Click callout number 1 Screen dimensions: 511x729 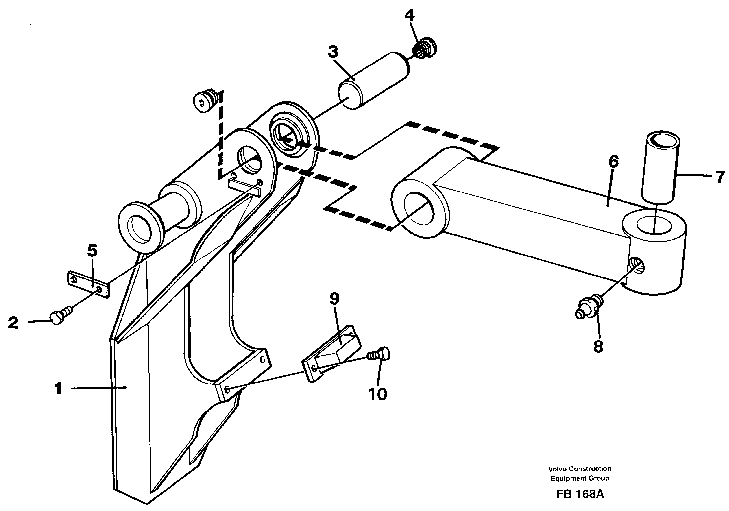pyautogui.click(x=58, y=388)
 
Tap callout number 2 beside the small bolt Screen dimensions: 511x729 pyautogui.click(x=13, y=323)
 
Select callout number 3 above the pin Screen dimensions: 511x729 pyautogui.click(x=333, y=52)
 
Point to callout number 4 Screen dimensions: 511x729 pyautogui.click(x=409, y=16)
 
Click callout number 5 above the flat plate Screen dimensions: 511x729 pyautogui.click(x=92, y=251)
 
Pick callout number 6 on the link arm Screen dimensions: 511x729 pyautogui.click(x=613, y=162)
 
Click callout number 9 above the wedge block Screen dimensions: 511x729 pyautogui.click(x=334, y=298)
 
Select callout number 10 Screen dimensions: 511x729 pyautogui.click(x=378, y=394)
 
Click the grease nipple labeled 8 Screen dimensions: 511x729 pyautogui.click(x=588, y=307)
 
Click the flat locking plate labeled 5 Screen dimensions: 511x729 pyautogui.click(x=88, y=284)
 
